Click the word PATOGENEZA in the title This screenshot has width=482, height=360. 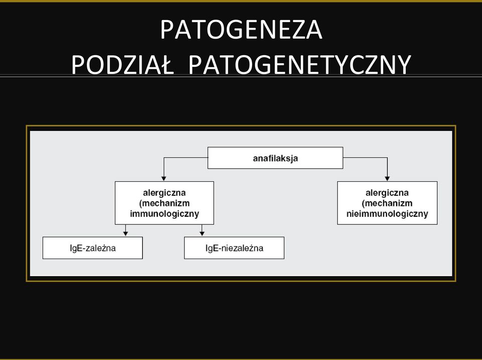(x=242, y=30)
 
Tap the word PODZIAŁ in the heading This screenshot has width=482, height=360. (x=123, y=65)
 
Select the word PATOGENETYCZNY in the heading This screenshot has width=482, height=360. (x=300, y=65)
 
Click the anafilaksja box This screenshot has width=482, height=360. (x=275, y=158)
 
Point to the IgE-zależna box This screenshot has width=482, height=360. (x=92, y=248)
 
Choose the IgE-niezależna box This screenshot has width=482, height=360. (x=234, y=248)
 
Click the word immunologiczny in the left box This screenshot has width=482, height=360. (x=165, y=214)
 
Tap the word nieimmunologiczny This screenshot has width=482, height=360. (x=387, y=214)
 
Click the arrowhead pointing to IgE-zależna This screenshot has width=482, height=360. (x=125, y=233)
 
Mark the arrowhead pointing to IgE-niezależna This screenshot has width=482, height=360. (x=202, y=233)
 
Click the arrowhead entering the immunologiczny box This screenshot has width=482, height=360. (x=164, y=178)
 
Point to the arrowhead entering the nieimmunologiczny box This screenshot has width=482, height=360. (x=387, y=178)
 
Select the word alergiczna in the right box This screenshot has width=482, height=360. (x=387, y=193)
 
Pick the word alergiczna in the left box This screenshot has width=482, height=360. (x=165, y=193)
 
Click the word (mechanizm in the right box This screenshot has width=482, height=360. (x=387, y=203)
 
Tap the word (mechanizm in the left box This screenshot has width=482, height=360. (x=165, y=203)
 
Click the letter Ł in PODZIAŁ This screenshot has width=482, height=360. (x=167, y=65)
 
